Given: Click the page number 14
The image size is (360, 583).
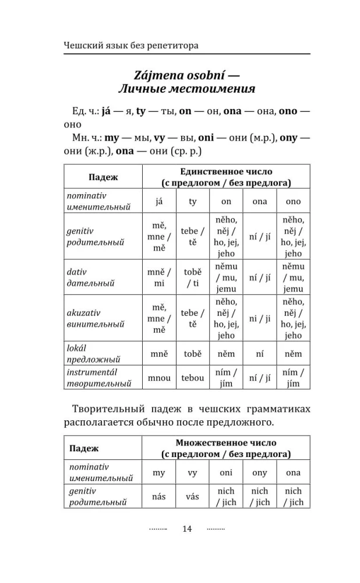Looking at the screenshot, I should [186, 529].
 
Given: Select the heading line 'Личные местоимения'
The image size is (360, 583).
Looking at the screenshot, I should [187, 90].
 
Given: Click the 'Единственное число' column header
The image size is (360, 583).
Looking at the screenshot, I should [226, 171].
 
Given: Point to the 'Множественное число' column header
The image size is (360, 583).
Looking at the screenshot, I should [226, 443].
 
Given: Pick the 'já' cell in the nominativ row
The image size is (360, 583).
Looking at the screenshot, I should [159, 201].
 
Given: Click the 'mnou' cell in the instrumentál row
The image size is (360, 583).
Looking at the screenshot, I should [159, 378].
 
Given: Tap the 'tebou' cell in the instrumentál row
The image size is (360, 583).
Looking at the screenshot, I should [192, 378].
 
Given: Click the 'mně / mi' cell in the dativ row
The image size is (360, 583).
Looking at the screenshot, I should [159, 278].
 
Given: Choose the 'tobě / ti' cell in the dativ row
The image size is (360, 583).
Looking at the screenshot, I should [192, 278].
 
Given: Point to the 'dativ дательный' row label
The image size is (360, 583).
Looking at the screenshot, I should [91, 278].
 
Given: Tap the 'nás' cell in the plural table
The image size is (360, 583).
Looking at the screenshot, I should [159, 497].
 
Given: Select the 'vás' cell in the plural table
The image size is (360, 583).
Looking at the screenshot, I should [192, 497].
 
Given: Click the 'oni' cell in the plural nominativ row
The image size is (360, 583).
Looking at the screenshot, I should [226, 473].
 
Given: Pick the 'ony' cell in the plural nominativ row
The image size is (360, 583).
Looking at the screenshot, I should [260, 473].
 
